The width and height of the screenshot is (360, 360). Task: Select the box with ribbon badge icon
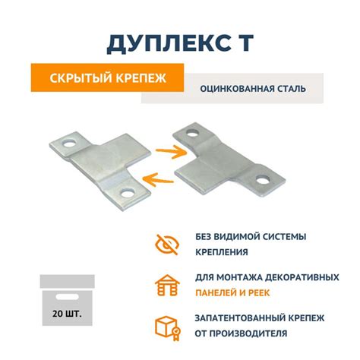click(165, 326)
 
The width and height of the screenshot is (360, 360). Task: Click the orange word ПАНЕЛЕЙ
click(218, 292)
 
